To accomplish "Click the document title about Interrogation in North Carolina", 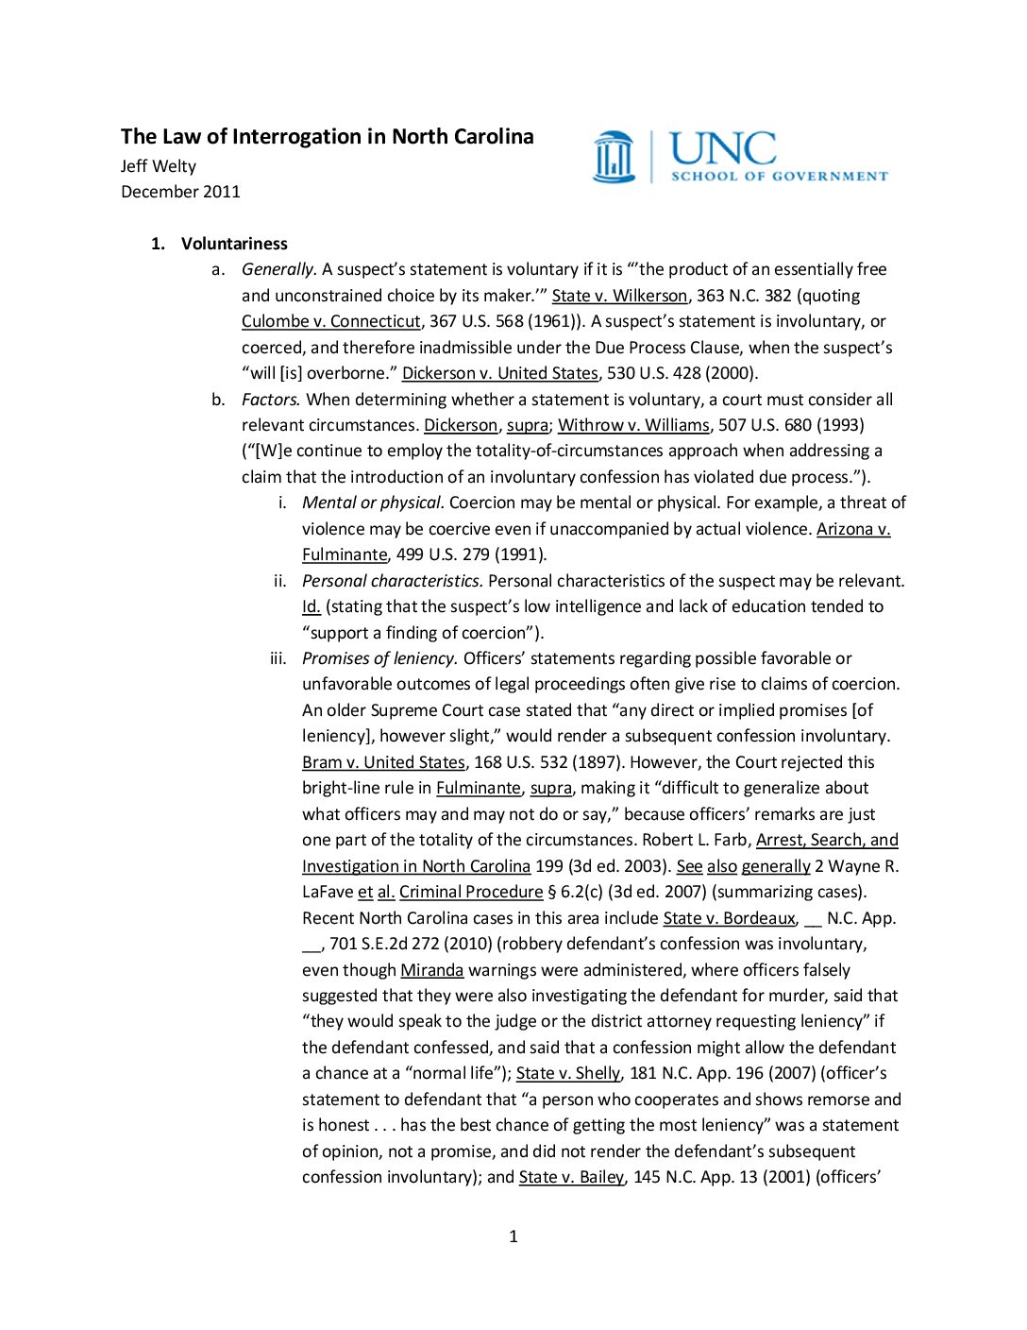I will click(327, 137).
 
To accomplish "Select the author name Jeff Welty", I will click(159, 166).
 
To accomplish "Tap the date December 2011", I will click(180, 192).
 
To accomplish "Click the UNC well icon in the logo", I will click(614, 157).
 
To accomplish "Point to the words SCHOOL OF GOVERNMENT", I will click(779, 176).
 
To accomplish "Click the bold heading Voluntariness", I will click(234, 244).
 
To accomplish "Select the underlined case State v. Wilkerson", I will click(619, 296).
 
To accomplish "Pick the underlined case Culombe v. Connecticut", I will click(330, 321).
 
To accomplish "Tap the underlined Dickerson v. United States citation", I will click(499, 373).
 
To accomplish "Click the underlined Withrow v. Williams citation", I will click(633, 425).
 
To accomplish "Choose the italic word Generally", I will click(279, 269).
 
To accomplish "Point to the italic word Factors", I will click(271, 400).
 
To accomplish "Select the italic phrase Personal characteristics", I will click(393, 581).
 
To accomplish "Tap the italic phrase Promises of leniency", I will click(379, 658).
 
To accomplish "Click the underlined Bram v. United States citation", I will click(383, 762).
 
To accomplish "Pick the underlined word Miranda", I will click(431, 970).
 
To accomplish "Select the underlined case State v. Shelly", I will click(568, 1073).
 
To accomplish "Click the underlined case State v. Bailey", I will click(571, 1177).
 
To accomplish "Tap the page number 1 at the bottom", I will click(513, 1236).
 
